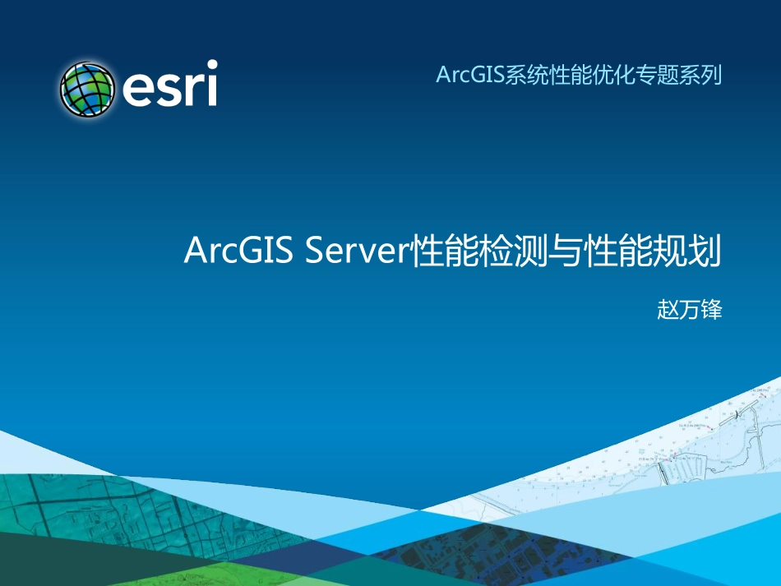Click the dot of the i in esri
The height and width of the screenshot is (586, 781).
click(x=211, y=65)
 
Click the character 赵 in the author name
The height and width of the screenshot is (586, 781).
click(x=668, y=311)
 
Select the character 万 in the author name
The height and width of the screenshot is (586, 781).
click(x=690, y=311)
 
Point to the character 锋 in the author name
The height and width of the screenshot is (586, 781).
click(x=711, y=311)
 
